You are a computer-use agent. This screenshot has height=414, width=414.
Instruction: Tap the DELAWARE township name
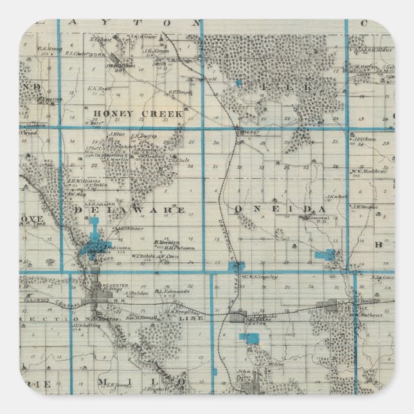pyautogui.click(x=129, y=210)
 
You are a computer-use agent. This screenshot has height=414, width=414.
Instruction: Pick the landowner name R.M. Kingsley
pyautogui.click(x=260, y=277)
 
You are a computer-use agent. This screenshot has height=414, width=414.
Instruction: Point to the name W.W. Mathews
pyautogui.click(x=368, y=171)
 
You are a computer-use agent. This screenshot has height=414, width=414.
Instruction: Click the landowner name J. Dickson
pyautogui.click(x=364, y=138)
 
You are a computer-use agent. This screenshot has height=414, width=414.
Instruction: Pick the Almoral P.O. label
pyautogui.click(x=302, y=236)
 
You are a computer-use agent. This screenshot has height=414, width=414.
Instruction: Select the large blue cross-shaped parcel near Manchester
pyautogui.click(x=94, y=239)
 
